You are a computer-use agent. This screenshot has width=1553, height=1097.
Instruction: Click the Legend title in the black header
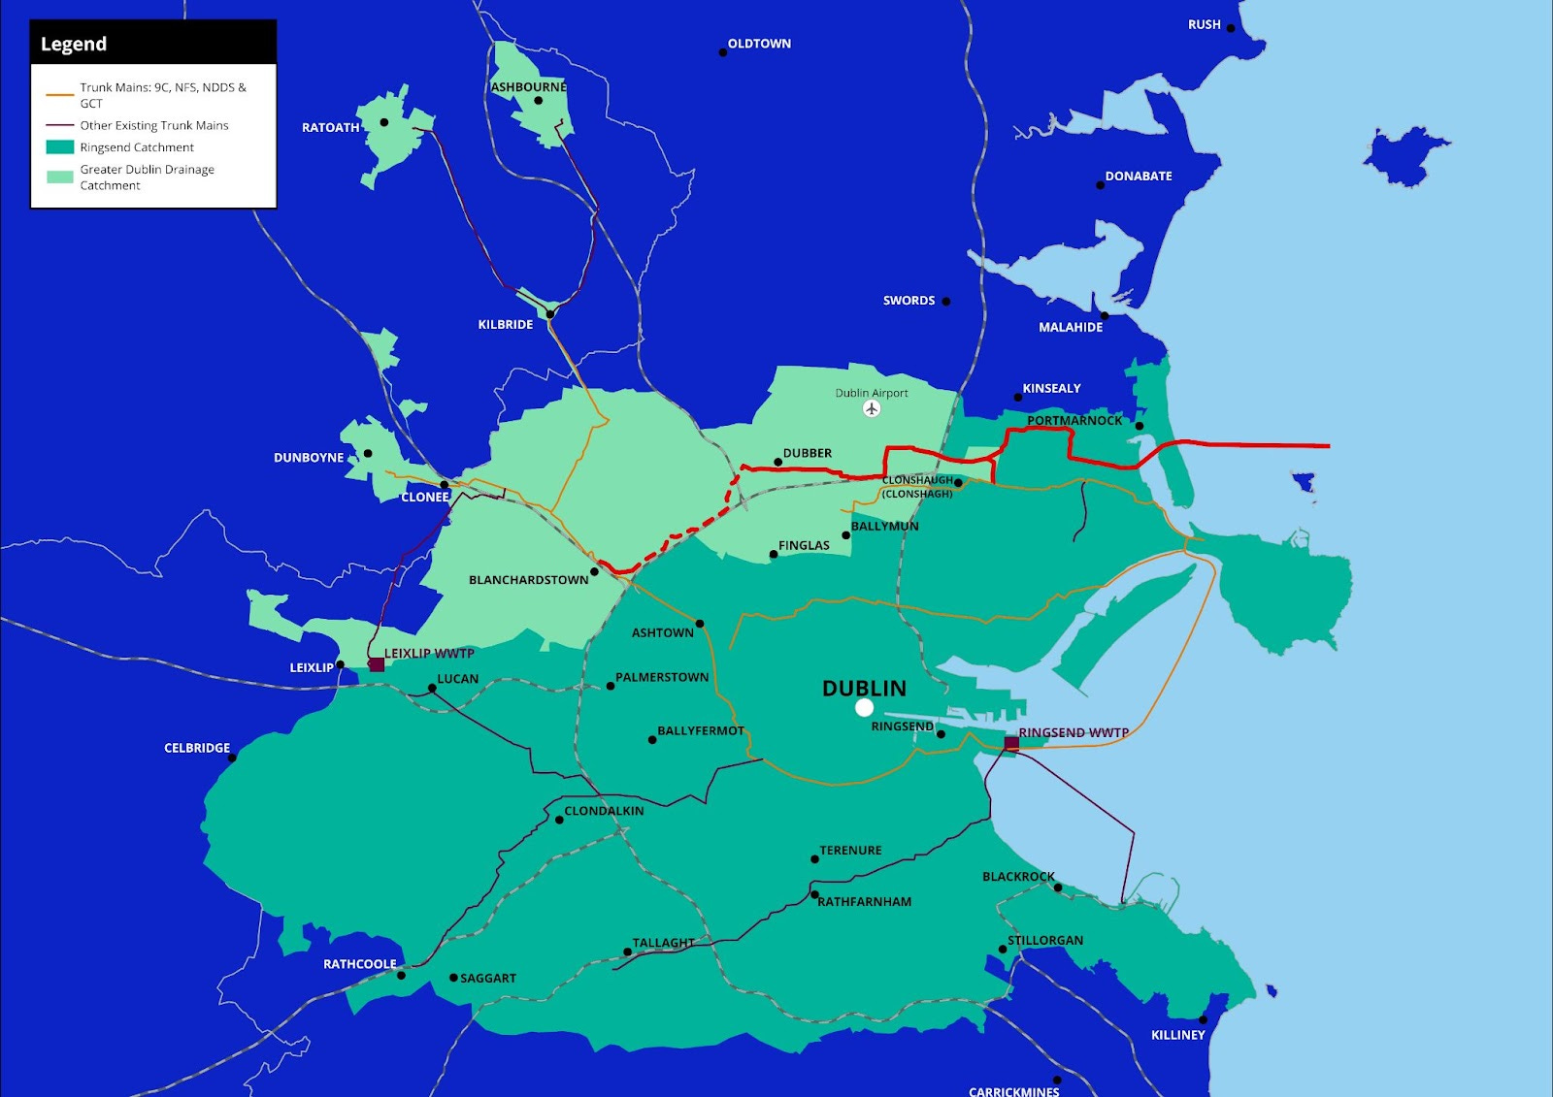tap(74, 45)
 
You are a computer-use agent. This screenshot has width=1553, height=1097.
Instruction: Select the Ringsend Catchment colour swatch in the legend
tap(60, 147)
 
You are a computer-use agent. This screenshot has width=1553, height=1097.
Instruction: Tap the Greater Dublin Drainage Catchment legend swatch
tap(60, 177)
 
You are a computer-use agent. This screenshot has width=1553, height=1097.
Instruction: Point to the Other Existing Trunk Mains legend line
tap(60, 125)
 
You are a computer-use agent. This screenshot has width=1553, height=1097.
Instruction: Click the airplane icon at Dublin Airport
tap(872, 409)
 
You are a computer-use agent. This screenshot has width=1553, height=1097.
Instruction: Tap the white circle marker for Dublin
tap(864, 708)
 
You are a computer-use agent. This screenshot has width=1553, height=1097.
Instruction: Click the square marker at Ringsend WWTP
tap(1011, 743)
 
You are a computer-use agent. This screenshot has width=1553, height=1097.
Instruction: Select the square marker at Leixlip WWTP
tap(377, 664)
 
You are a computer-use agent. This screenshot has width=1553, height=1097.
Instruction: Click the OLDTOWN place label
tap(759, 44)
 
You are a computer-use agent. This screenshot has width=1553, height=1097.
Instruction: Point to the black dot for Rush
tap(1231, 28)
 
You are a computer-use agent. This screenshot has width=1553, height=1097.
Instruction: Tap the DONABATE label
tap(1139, 177)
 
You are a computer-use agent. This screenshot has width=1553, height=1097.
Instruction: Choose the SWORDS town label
tap(909, 301)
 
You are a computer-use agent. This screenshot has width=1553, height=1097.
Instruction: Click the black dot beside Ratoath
tap(384, 122)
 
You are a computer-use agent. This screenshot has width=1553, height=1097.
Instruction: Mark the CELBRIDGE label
tap(197, 748)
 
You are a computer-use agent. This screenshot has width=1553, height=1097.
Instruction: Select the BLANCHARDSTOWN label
tap(528, 580)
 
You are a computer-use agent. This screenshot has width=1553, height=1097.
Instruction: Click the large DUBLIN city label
tap(864, 689)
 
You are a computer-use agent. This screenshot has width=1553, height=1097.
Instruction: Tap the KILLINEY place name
tap(1177, 1035)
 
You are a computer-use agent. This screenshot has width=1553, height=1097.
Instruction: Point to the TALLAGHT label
tap(664, 943)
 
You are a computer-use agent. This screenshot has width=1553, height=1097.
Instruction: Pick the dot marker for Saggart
tap(453, 978)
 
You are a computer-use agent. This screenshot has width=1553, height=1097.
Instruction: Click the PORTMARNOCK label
tap(1074, 421)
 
